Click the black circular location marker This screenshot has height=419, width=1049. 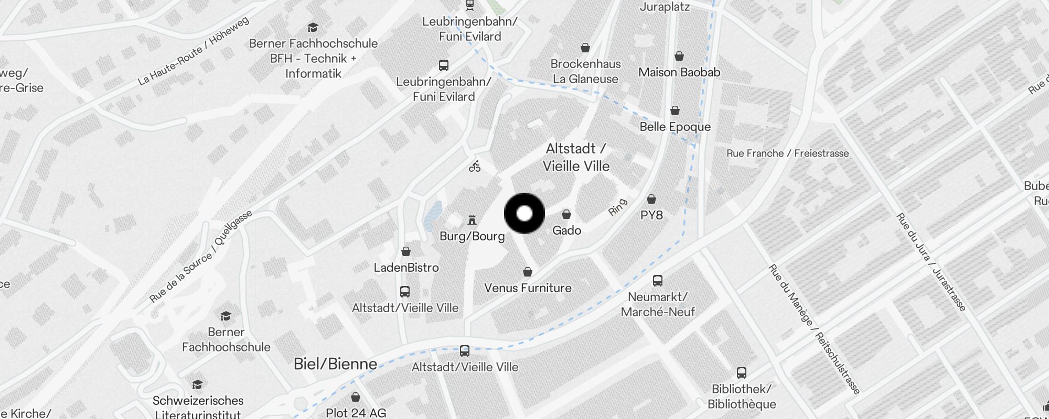[524, 213]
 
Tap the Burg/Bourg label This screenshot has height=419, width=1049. [472, 236]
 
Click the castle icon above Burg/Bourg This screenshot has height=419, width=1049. [472, 219]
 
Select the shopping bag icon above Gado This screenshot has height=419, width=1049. [566, 214]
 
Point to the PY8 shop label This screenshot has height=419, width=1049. [651, 215]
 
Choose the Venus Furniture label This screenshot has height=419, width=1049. [528, 288]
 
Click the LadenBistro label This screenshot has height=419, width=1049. [406, 268]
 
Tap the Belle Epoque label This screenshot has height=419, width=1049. [675, 127]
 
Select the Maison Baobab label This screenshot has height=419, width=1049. [679, 72]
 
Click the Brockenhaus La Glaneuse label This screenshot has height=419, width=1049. [585, 71]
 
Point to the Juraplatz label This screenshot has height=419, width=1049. [665, 7]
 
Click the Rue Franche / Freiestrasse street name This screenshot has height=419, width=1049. [787, 153]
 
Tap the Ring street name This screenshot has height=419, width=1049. [617, 207]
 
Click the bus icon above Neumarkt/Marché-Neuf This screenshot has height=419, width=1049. [658, 281]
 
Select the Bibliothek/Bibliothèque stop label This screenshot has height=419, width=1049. [742, 396]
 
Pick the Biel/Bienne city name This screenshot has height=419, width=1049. [335, 364]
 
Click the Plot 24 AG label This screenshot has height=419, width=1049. [356, 413]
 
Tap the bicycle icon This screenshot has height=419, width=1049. [475, 167]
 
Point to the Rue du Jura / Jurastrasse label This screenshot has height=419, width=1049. [930, 262]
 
